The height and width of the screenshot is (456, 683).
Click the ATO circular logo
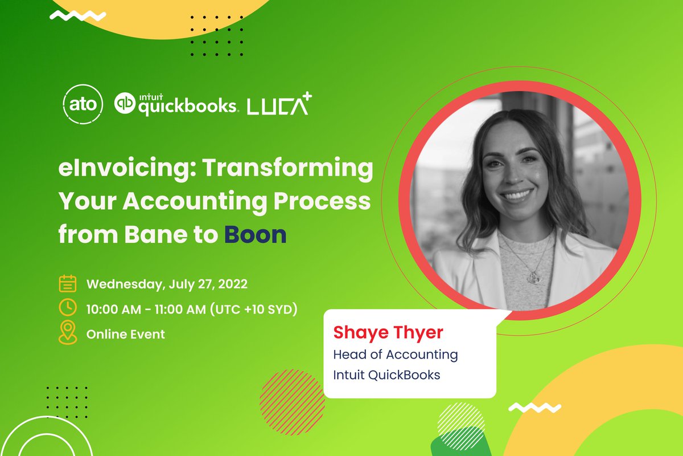click(x=83, y=105)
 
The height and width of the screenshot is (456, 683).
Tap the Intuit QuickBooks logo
click(x=175, y=104)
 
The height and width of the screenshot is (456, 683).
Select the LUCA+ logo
click(x=279, y=104)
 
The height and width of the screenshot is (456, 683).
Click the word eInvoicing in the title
click(x=114, y=170)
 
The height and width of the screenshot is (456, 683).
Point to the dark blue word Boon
click(x=254, y=234)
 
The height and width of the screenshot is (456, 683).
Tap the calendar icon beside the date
click(x=68, y=283)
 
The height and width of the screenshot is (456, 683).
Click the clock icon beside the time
click(x=68, y=308)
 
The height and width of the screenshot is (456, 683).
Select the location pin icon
click(x=68, y=333)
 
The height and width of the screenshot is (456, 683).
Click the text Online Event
click(x=126, y=334)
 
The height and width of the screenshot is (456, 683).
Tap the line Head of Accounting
click(x=395, y=354)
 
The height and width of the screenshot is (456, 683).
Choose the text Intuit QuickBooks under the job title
click(x=386, y=375)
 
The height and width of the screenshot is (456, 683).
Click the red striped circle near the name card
click(x=292, y=394)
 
